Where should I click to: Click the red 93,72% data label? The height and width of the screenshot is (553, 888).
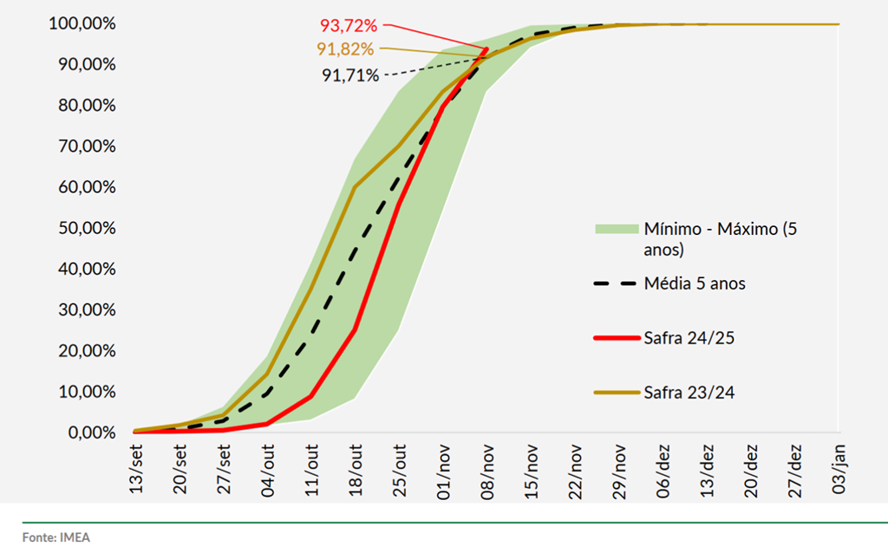pyautogui.click(x=349, y=27)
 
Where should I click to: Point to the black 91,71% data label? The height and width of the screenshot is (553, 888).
pyautogui.click(x=350, y=75)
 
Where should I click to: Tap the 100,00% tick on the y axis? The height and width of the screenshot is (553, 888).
pyautogui.click(x=82, y=24)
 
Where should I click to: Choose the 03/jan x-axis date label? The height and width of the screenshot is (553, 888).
pyautogui.click(x=839, y=471)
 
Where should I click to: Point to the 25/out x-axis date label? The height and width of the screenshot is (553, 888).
pyautogui.click(x=399, y=471)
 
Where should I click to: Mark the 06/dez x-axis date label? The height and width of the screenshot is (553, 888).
pyautogui.click(x=663, y=471)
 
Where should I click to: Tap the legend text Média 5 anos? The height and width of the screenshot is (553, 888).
pyautogui.click(x=695, y=283)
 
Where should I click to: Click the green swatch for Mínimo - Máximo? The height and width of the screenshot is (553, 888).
pyautogui.click(x=615, y=229)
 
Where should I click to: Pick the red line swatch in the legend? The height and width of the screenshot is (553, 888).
pyautogui.click(x=615, y=337)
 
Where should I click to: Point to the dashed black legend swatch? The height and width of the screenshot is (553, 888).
pyautogui.click(x=615, y=283)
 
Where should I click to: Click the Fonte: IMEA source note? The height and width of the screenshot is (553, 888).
pyautogui.click(x=56, y=537)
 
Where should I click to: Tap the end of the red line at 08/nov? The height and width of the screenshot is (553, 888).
pyautogui.click(x=486, y=49)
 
